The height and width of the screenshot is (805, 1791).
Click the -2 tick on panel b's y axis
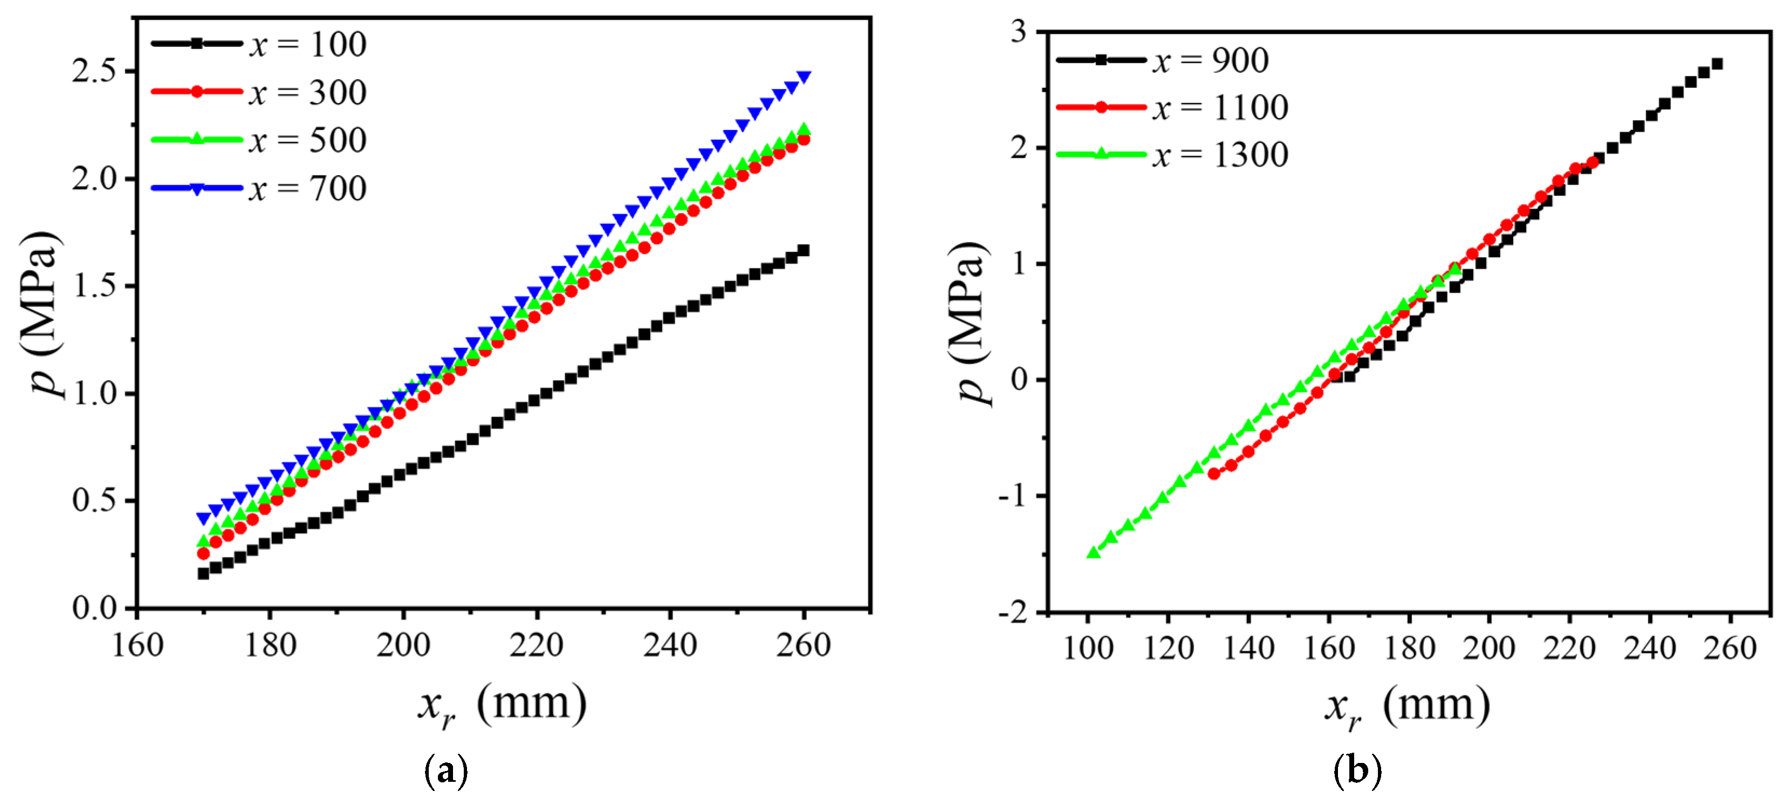(x=1012, y=613)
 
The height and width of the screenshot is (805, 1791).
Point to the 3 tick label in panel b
(x=1019, y=32)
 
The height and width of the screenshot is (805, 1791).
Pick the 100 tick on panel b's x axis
(x=1088, y=648)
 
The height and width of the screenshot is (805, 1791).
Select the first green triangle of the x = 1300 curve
(x=1093, y=552)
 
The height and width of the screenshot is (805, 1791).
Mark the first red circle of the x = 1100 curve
(x=1214, y=473)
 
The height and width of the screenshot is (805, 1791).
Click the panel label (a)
(x=445, y=771)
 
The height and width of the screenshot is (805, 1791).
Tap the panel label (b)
(x=1357, y=771)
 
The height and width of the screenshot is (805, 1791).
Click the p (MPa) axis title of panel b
(x=969, y=324)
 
